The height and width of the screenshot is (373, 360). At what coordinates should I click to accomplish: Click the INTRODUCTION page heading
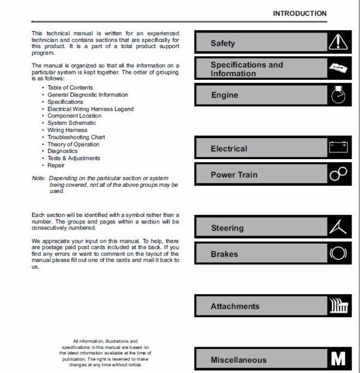pyautogui.click(x=299, y=13)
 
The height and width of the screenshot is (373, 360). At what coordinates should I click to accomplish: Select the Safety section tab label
pyautogui.click(x=223, y=43)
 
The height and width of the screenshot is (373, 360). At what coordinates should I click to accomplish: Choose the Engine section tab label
pyautogui.click(x=224, y=95)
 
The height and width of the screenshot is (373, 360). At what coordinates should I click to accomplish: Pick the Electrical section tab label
pyautogui.click(x=229, y=148)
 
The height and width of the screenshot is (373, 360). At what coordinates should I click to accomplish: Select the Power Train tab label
pyautogui.click(x=234, y=175)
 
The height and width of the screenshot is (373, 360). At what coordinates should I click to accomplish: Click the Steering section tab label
pyautogui.click(x=227, y=228)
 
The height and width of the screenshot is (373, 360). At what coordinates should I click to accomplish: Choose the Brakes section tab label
pyautogui.click(x=224, y=254)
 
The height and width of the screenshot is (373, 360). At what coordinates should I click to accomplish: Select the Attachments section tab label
pyautogui.click(x=235, y=306)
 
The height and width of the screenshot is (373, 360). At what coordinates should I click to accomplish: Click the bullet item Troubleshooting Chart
pyautogui.click(x=76, y=138)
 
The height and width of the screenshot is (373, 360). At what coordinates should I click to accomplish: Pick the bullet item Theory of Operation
pyautogui.click(x=73, y=145)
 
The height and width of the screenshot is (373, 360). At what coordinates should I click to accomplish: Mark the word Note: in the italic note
pyautogui.click(x=38, y=178)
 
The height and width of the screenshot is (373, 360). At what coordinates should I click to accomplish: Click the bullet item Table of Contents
pyautogui.click(x=70, y=88)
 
